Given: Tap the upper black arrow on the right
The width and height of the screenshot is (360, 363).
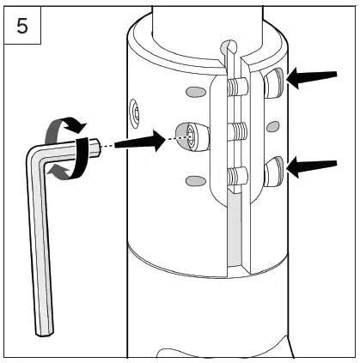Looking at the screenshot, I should pyautogui.click(x=310, y=80).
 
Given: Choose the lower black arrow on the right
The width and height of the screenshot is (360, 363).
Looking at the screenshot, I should pyautogui.click(x=310, y=167).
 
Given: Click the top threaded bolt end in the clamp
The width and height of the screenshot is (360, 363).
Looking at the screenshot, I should pyautogui.click(x=236, y=87).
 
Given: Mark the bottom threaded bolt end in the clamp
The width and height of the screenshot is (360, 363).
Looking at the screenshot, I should pyautogui.click(x=236, y=178).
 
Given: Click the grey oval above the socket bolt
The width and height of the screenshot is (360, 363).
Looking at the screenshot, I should pyautogui.click(x=195, y=91).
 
